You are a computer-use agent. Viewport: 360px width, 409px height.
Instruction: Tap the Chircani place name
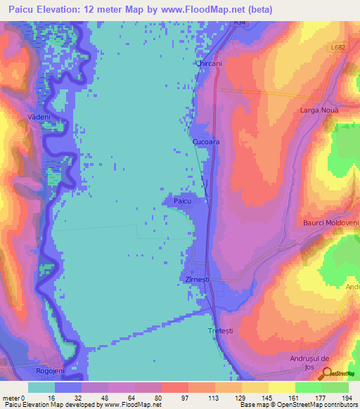[210, 63]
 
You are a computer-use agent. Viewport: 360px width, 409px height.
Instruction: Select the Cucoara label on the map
[205, 141]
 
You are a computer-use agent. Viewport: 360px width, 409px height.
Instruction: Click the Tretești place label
[220, 330]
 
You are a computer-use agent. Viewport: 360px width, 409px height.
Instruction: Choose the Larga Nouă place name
[319, 111]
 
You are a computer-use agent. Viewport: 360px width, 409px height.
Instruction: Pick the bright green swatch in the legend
[308, 387]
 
